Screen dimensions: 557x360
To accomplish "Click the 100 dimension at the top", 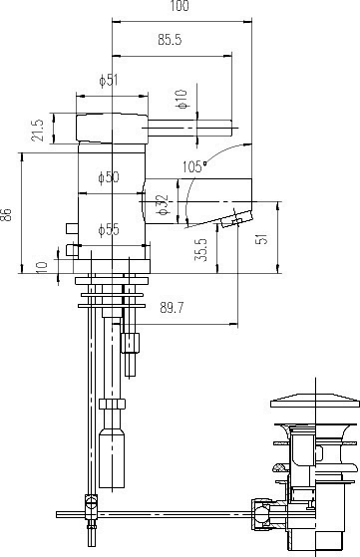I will point(179,7).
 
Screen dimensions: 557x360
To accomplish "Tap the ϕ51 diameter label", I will point(109,82).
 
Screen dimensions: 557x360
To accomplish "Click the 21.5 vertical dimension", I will point(38,130).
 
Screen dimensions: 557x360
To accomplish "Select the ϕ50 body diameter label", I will point(109,177).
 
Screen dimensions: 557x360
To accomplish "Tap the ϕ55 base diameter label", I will point(109,230).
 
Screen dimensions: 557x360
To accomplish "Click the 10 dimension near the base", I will point(39,266).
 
